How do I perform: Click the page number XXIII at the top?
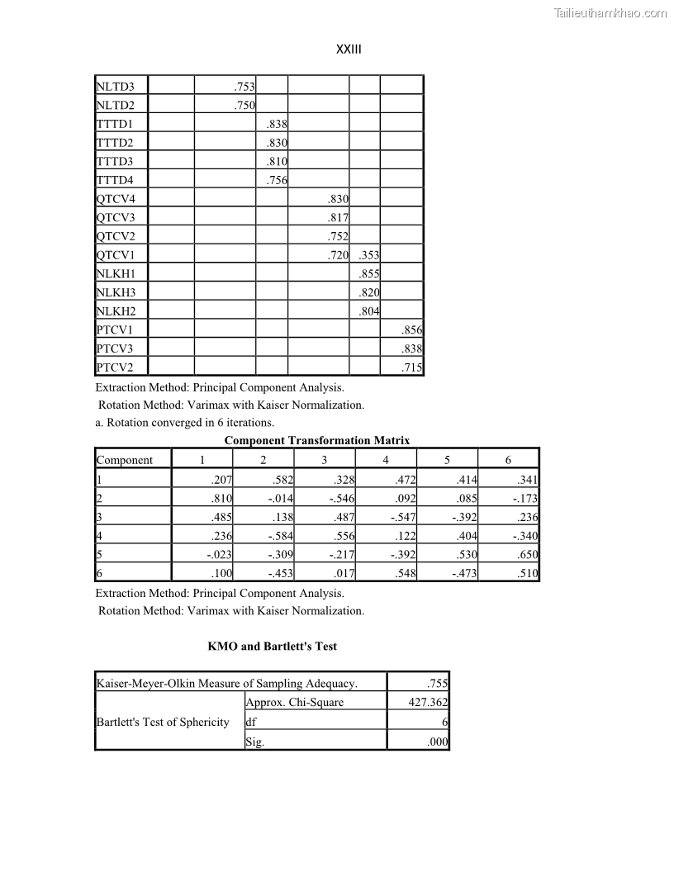tap(349, 50)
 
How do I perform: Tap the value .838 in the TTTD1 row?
tap(276, 124)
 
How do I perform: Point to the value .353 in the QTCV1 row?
tap(368, 255)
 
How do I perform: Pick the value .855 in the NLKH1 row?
tap(368, 273)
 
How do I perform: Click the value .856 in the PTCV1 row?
tap(411, 329)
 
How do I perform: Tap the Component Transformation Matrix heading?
tap(317, 440)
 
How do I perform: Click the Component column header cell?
tap(125, 460)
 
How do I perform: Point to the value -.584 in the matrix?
tap(281, 535)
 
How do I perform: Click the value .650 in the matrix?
tap(527, 554)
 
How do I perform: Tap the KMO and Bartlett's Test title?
tap(272, 646)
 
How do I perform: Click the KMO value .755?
tap(437, 683)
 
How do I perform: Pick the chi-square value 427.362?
tap(428, 702)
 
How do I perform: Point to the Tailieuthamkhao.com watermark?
tap(610, 12)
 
